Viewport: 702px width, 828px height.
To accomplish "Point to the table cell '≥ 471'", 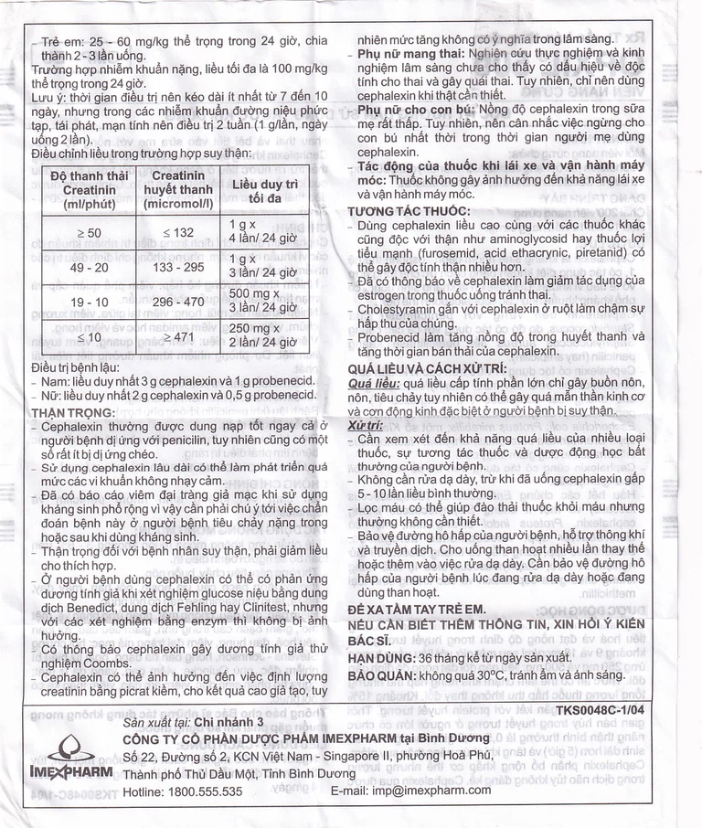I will pos(178,336).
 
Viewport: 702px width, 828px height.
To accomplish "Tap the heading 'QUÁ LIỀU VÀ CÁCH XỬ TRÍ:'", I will pos(428,367).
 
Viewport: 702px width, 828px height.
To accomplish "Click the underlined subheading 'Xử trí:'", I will pos(368,425).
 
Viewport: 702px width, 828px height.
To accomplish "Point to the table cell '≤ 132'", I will pos(178,232).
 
